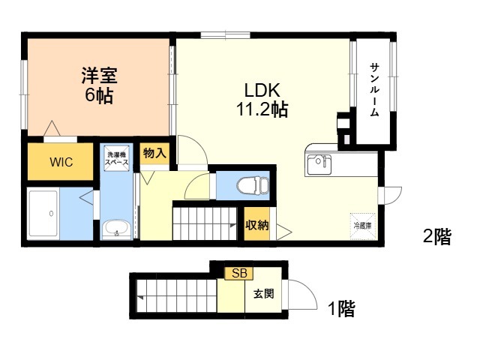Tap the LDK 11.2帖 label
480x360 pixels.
[262, 100]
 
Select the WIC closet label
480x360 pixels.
[61, 162]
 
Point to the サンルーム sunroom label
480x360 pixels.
[374, 89]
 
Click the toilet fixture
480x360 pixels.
[253, 185]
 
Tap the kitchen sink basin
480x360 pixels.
[319, 164]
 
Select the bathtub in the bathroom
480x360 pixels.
[43, 214]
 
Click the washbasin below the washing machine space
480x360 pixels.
[117, 229]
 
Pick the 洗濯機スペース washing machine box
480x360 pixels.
[117, 158]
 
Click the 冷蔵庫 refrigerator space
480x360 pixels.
[362, 226]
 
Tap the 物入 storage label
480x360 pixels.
[154, 153]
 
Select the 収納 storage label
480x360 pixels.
[256, 225]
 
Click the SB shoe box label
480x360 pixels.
[239, 273]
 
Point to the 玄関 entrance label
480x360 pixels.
[263, 294]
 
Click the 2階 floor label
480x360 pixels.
[436, 237]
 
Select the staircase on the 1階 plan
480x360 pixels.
[177, 296]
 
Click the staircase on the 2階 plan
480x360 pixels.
[205, 223]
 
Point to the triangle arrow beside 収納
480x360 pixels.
[283, 232]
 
